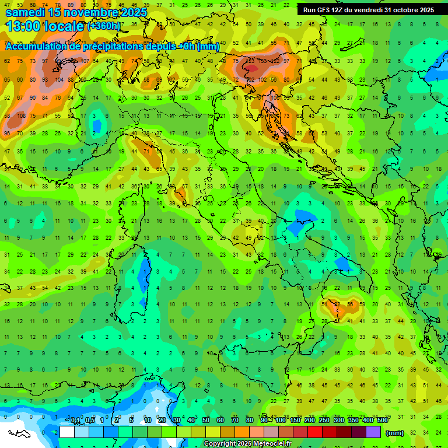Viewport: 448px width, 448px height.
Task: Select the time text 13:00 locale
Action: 44,26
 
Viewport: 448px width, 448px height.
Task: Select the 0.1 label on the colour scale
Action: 76,421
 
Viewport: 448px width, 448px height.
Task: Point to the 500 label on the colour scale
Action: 383,421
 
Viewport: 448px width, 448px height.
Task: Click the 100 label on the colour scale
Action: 281,421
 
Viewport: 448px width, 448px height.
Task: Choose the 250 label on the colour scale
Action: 324,421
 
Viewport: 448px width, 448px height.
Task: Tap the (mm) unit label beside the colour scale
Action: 395,433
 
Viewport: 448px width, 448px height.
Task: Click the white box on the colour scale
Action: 67,432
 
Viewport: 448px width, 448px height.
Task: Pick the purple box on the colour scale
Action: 373,432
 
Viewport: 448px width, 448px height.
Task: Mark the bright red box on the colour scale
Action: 315,432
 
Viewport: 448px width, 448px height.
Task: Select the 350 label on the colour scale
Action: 353,421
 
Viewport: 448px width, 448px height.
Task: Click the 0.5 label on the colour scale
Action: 90,421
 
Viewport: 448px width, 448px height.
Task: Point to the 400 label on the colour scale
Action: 368,421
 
